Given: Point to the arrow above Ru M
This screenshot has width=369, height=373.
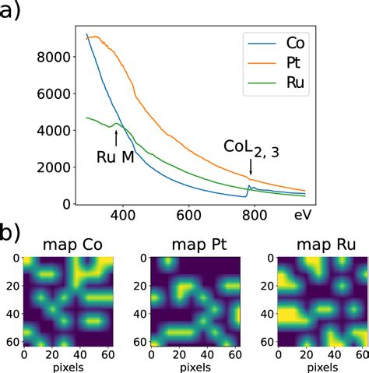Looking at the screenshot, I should [x=117, y=136].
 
